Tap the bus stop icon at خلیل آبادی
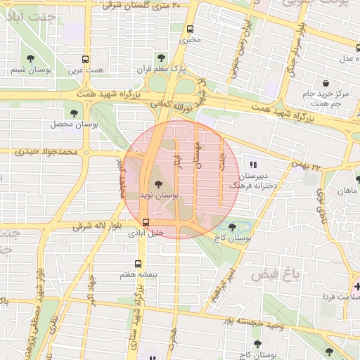(146, 223)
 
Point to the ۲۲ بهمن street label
(308, 167)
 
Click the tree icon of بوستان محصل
(75, 113)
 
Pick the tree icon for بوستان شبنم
(30, 59)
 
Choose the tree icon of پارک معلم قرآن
(162, 58)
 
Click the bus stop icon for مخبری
(190, 29)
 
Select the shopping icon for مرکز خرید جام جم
(325, 83)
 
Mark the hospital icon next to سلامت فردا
(356, 286)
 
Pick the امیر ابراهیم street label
(221, 283)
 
